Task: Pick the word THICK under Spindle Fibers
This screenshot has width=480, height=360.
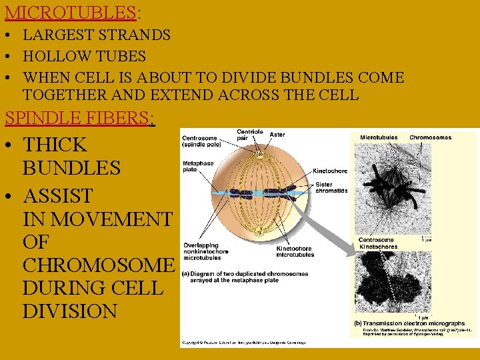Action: tap(55, 145)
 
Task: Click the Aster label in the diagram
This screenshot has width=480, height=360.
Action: tap(277, 135)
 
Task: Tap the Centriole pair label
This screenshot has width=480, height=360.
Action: tap(249, 135)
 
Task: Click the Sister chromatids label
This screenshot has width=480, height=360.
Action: tap(331, 187)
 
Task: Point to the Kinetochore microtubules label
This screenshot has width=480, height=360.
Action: tap(295, 252)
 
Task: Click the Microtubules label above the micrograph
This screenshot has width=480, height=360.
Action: tap(379, 138)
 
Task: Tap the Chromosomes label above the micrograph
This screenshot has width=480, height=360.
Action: tap(430, 138)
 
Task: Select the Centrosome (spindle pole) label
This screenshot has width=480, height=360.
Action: tap(203, 142)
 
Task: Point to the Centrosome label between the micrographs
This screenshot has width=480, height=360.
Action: tap(376, 240)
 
